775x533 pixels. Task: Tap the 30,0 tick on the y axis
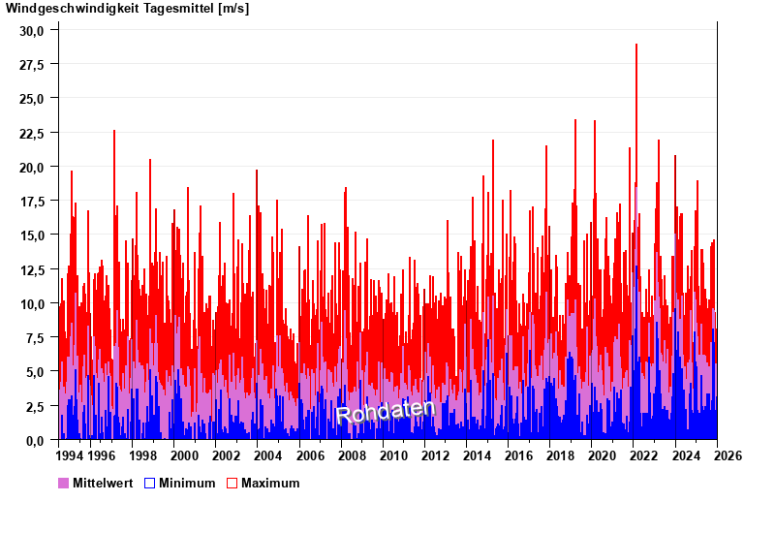tap(33, 30)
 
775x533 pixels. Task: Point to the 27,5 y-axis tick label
tap(33, 64)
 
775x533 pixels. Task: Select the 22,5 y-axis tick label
tap(33, 133)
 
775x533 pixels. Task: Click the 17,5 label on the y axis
tap(33, 202)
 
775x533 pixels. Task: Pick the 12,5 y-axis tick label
tap(33, 269)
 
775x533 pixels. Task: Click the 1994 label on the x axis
tap(70, 455)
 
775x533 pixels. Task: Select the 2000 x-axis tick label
tap(184, 455)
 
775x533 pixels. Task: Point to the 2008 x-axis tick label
tap(351, 455)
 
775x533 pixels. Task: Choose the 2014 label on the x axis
tap(477, 455)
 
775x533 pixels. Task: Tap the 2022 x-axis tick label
tap(643, 455)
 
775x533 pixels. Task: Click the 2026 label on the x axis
tap(728, 455)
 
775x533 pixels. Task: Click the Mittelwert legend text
tap(104, 483)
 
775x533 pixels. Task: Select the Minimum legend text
tap(187, 483)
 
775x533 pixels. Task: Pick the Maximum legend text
tap(270, 483)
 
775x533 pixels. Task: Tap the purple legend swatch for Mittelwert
tap(64, 483)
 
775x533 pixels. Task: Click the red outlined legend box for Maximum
tap(232, 483)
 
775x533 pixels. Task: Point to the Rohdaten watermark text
tap(386, 411)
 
